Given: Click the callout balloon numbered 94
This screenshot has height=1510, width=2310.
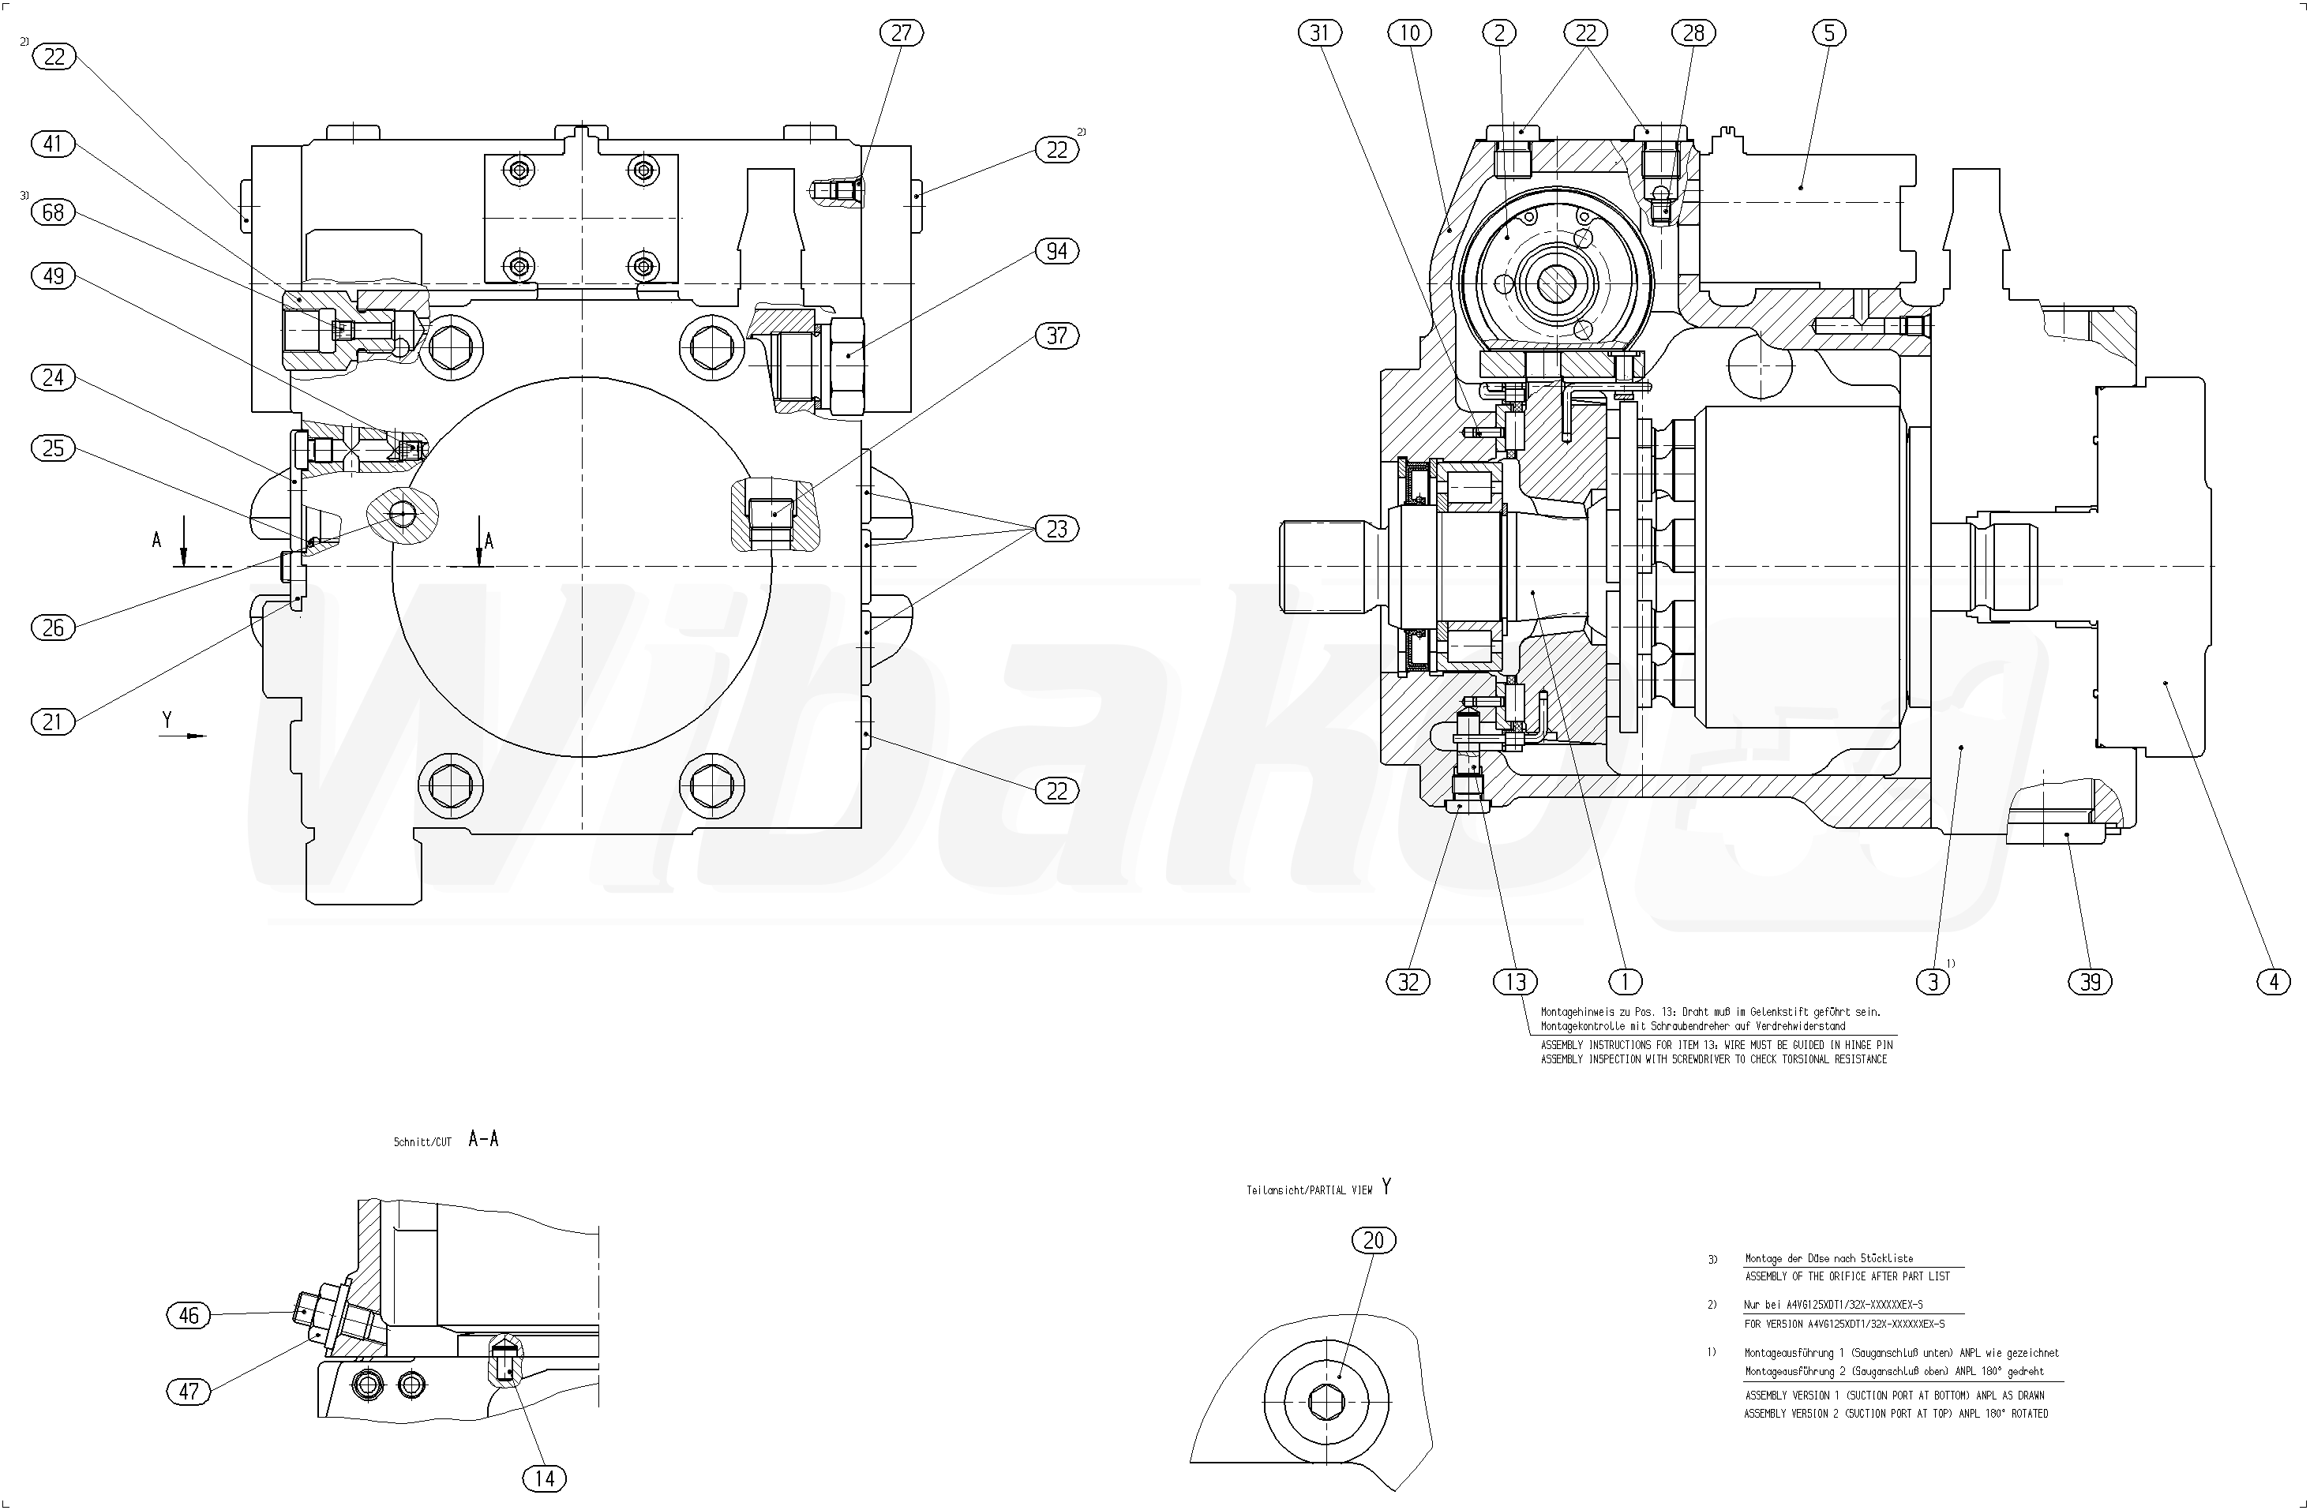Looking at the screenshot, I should pyautogui.click(x=1056, y=251).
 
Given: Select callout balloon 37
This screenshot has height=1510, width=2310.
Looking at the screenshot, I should pyautogui.click(x=1056, y=335).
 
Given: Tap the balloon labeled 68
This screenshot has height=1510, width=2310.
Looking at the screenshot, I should pyautogui.click(x=54, y=212).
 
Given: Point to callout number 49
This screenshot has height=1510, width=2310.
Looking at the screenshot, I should pyautogui.click(x=54, y=275).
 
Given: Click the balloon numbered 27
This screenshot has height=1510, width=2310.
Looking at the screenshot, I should pyautogui.click(x=901, y=33).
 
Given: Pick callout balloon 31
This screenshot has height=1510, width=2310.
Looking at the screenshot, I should pyautogui.click(x=1319, y=33).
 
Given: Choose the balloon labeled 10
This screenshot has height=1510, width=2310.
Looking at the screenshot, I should pyautogui.click(x=1409, y=33).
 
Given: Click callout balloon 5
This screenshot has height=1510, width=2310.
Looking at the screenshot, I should pyautogui.click(x=1828, y=33).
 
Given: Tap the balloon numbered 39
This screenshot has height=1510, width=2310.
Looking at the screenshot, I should pyautogui.click(x=2090, y=982).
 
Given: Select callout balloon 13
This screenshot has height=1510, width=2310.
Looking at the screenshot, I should pyautogui.click(x=1515, y=982).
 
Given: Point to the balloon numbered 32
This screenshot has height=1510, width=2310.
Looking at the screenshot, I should pyautogui.click(x=1408, y=982).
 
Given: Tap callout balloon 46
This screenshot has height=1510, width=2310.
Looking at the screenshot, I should pyautogui.click(x=189, y=1315).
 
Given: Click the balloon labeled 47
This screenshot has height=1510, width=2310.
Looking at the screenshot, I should pyautogui.click(x=189, y=1391).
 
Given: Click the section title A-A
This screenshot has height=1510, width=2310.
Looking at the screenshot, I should pyautogui.click(x=483, y=1139).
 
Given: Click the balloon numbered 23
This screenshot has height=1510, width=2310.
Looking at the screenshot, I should pyautogui.click(x=1056, y=529).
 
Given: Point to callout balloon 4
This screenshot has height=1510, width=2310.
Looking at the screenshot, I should pyautogui.click(x=2273, y=982).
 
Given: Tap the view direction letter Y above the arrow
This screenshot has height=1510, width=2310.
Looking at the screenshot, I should pyautogui.click(x=167, y=719).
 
